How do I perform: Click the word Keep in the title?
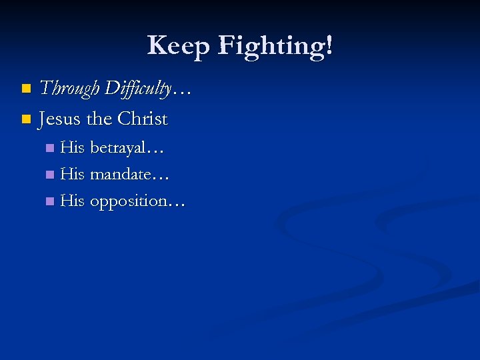(x=178, y=45)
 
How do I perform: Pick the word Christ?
(x=143, y=119)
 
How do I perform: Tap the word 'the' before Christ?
(x=99, y=119)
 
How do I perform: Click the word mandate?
(x=120, y=175)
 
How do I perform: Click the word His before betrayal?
(x=73, y=148)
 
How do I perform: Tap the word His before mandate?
(x=73, y=175)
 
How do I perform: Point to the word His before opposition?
(x=73, y=201)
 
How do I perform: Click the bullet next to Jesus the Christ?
(x=26, y=120)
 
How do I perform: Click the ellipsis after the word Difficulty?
(x=182, y=93)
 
